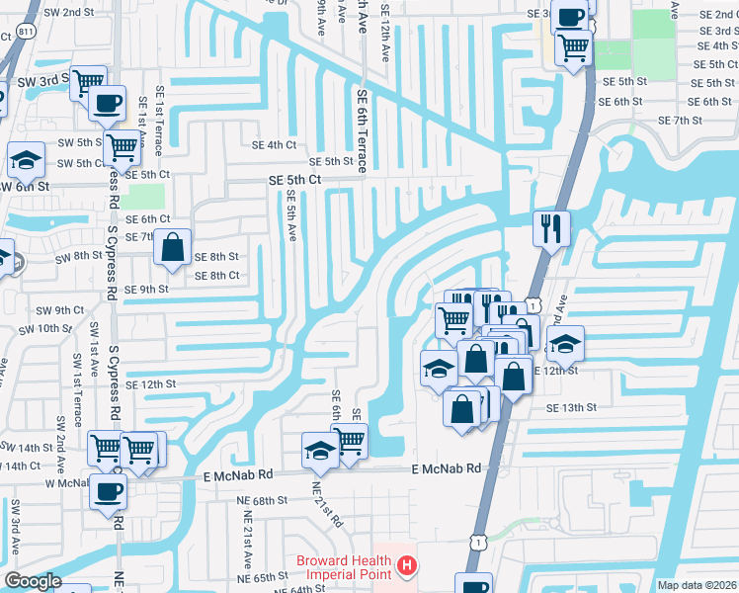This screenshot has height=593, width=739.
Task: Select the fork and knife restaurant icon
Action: pyautogui.click(x=551, y=229)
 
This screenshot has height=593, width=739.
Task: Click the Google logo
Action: pyautogui.click(x=33, y=582)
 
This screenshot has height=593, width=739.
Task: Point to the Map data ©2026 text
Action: pyautogui.click(x=697, y=585)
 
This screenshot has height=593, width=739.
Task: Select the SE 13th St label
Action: pyautogui.click(x=573, y=407)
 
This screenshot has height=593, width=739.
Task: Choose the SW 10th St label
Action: pyautogui.click(x=62, y=327)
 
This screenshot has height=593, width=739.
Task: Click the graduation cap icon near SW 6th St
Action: pyautogui.click(x=26, y=159)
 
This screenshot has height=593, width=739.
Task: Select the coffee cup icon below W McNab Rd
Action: pyautogui.click(x=108, y=491)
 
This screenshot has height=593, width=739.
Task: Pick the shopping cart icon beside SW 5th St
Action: pyautogui.click(x=122, y=148)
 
